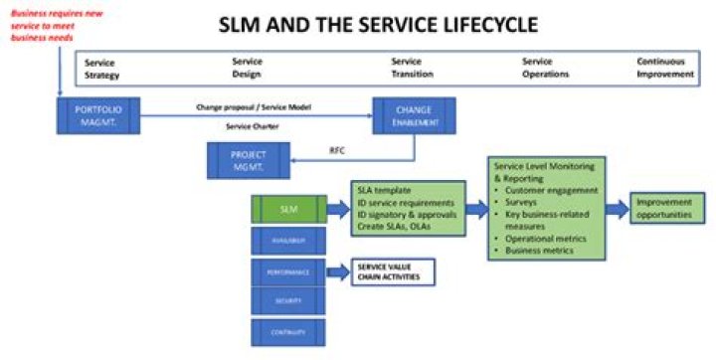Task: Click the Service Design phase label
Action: click(247, 68)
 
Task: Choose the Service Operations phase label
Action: click(546, 68)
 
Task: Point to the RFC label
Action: click(337, 152)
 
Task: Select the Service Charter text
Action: click(254, 126)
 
